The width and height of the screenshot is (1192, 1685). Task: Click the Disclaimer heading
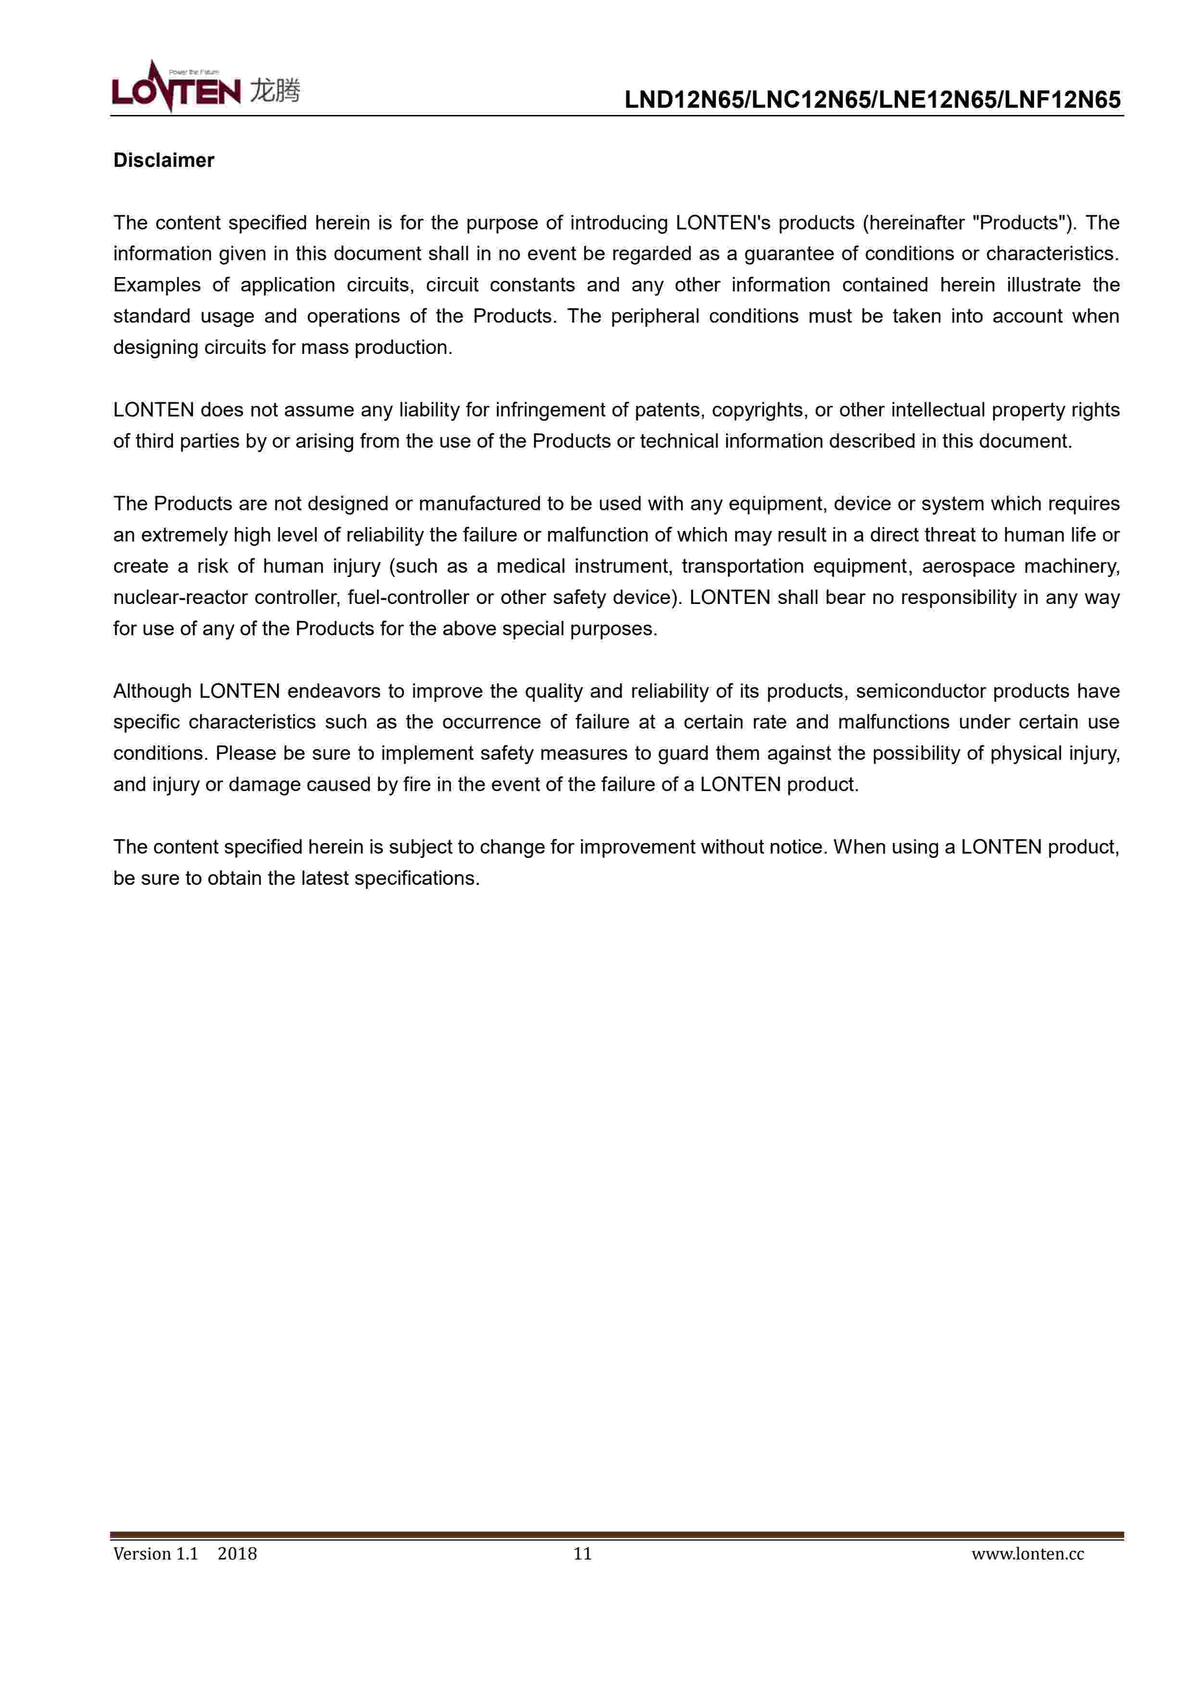(163, 161)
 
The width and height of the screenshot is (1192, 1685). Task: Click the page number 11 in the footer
(582, 1554)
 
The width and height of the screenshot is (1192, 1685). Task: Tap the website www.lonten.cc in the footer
(1028, 1554)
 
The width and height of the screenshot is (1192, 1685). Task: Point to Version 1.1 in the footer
(156, 1554)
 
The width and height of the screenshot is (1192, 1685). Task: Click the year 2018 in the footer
(237, 1554)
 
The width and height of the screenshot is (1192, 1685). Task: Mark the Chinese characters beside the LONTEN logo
(275, 91)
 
